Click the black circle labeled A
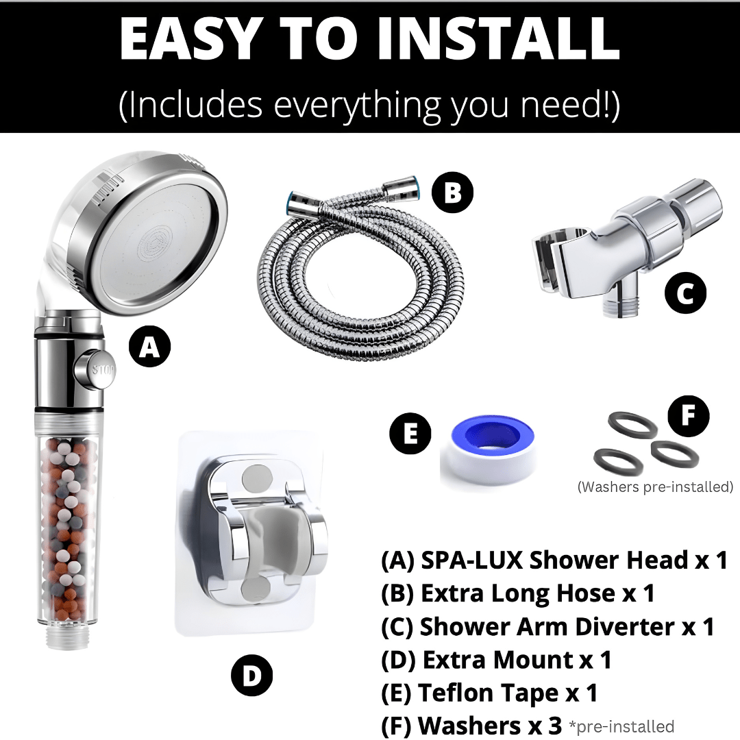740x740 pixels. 149,348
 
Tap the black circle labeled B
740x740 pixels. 452,194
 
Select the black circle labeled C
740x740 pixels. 685,294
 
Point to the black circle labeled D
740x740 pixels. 252,677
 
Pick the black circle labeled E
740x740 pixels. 410,434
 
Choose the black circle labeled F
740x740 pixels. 689,415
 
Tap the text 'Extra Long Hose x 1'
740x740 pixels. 517,593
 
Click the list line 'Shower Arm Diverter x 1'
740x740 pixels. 547,626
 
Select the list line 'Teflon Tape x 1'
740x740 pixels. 489,693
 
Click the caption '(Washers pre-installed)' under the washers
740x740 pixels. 655,487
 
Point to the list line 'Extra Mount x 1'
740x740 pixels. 496,660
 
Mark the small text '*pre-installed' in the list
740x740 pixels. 621,726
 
